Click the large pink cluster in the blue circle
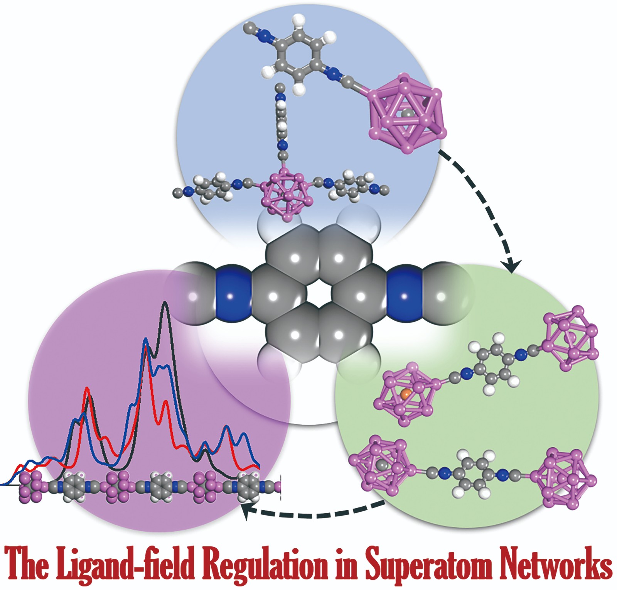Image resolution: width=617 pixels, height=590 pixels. click(407, 113)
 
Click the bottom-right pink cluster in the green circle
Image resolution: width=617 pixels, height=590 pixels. click(564, 478)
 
